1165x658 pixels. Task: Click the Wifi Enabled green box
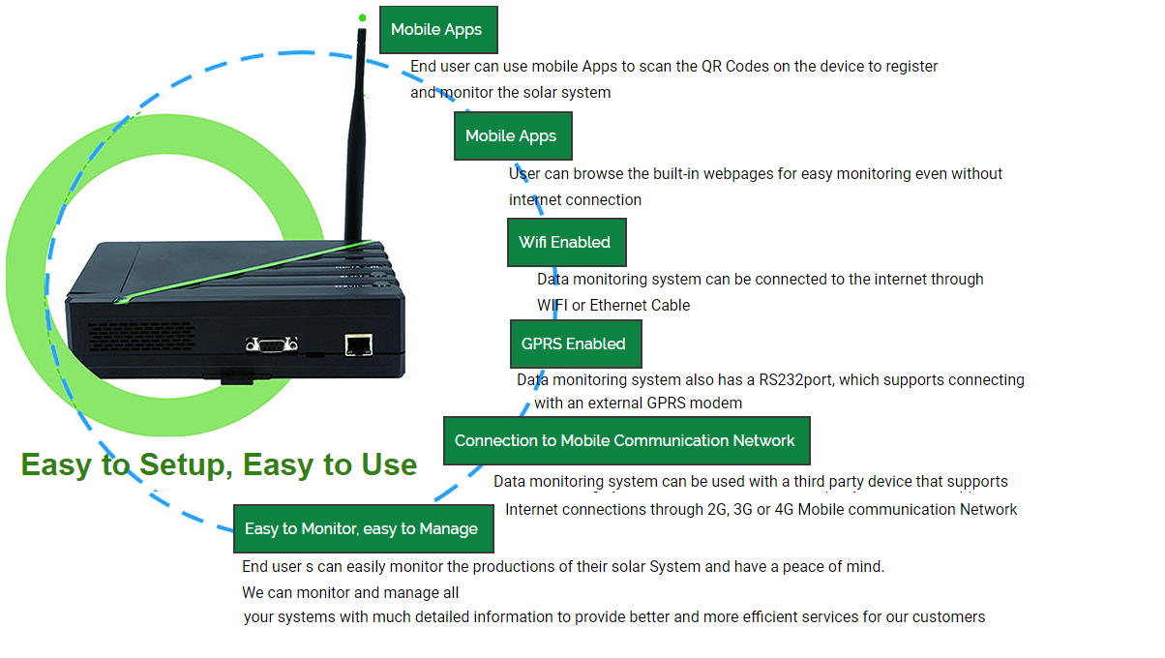pos(567,242)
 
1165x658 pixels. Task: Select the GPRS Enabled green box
pos(576,344)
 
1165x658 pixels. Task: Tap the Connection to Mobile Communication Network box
pos(627,440)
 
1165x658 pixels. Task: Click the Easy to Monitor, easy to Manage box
pos(364,528)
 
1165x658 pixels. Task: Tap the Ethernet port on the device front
pos(358,344)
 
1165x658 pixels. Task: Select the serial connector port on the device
pos(272,344)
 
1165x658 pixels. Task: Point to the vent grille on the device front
pos(141,336)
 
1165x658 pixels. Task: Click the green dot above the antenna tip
pos(363,17)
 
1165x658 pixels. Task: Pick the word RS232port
pos(796,380)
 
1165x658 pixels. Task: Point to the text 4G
pos(784,509)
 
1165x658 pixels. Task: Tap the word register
pos(911,67)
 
